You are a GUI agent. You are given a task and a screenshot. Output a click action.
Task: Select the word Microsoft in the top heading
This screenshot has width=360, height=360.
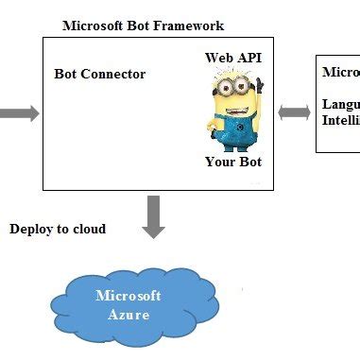[x=94, y=26]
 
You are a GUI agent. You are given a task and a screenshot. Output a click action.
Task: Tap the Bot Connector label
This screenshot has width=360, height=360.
[x=100, y=74]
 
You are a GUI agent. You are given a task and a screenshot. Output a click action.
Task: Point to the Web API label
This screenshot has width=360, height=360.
[x=232, y=59]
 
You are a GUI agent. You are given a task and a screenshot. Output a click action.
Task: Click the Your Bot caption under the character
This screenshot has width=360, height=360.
[x=232, y=162]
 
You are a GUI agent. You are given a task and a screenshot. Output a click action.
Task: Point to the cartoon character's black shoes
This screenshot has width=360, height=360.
[x=232, y=146]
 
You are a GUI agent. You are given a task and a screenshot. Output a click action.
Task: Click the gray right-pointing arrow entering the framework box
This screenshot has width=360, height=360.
[x=19, y=113]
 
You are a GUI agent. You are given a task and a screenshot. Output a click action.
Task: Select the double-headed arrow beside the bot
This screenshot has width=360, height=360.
[x=294, y=112]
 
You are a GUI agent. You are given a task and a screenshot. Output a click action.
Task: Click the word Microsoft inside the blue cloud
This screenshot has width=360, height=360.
[x=129, y=296]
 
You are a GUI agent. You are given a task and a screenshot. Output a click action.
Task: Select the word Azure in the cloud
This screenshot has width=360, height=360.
[x=129, y=314]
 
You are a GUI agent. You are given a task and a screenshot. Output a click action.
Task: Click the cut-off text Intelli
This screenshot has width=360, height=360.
[x=340, y=120]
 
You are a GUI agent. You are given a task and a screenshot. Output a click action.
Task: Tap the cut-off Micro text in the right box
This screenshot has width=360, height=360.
[x=340, y=72]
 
